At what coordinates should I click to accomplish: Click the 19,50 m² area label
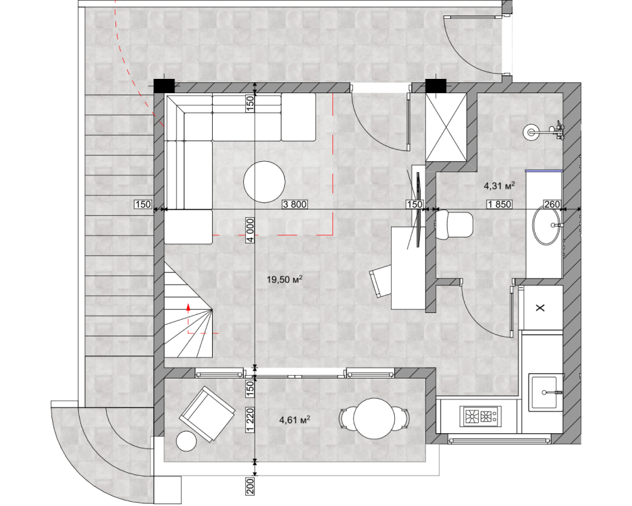tap(284, 279)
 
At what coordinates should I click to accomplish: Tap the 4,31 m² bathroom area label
tap(500, 186)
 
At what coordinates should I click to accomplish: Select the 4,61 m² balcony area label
tap(294, 420)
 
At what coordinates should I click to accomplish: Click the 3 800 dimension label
tap(294, 204)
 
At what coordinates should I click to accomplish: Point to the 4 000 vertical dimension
tap(251, 230)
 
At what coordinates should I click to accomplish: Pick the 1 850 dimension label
tap(500, 204)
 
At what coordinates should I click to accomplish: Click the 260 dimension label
tap(552, 204)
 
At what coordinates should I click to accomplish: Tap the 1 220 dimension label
tap(251, 420)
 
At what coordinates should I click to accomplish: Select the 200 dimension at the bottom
tap(251, 486)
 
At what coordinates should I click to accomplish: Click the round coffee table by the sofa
tap(265, 181)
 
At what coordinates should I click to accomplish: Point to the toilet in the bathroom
tap(454, 225)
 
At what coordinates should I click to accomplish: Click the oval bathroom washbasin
tap(546, 225)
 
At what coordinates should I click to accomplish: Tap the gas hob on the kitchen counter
tap(481, 416)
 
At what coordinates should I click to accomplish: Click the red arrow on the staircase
tap(188, 308)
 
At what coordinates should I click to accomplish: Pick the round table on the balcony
tap(373, 418)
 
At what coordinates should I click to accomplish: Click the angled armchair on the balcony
tap(207, 414)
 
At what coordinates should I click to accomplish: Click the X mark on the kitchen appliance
tap(540, 308)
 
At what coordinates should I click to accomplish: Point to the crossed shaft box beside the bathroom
tap(446, 128)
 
